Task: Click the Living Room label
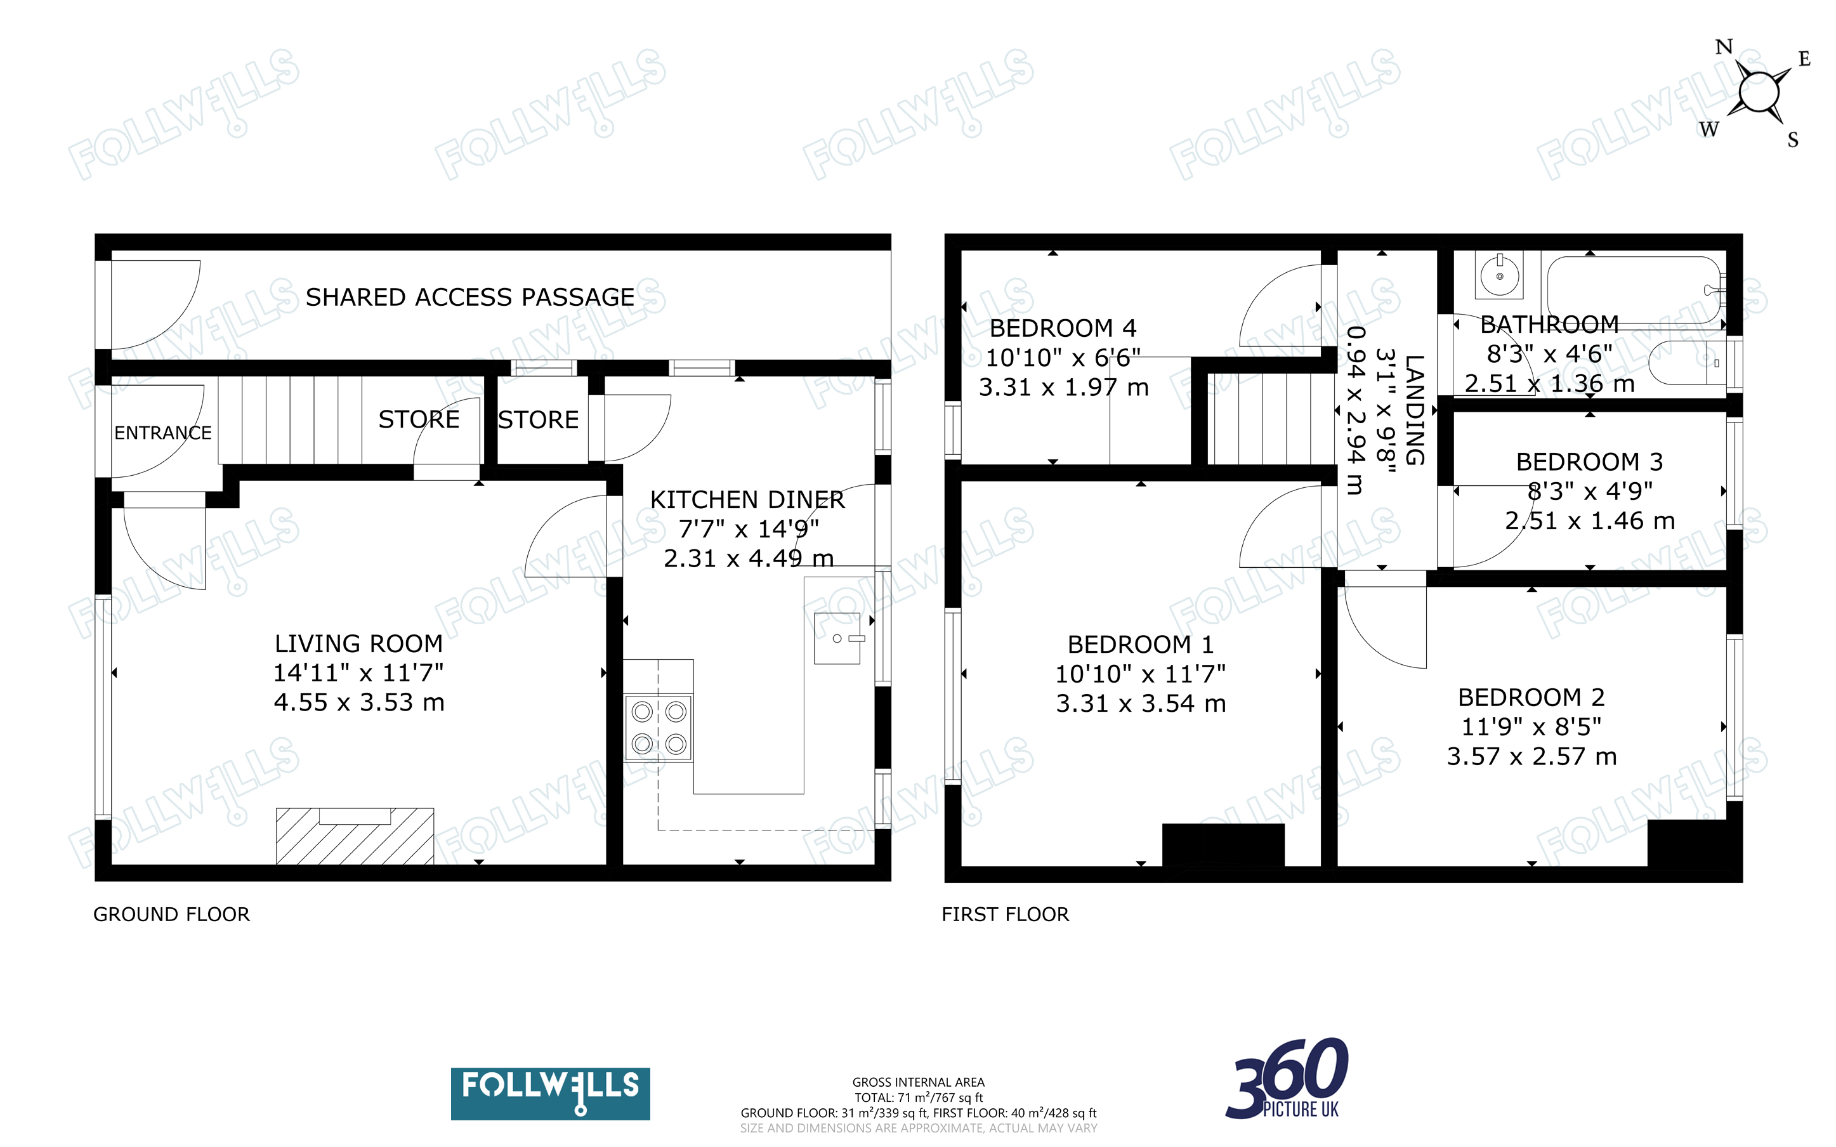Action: [358, 643]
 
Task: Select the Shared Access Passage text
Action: [469, 297]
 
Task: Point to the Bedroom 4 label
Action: [1063, 328]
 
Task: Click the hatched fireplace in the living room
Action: [355, 836]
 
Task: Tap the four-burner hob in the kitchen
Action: [659, 728]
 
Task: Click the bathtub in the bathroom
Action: [1636, 291]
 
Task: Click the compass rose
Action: [1757, 93]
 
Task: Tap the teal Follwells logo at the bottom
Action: [550, 1093]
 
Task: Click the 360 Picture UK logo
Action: [1287, 1078]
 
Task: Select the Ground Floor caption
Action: [171, 914]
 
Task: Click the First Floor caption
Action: [1005, 914]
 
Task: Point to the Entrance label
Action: [163, 433]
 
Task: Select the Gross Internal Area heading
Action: [919, 1082]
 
